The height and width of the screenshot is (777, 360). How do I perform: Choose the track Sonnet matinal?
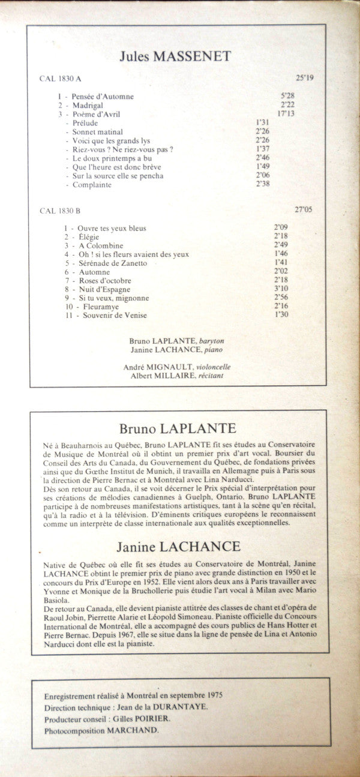[98, 131]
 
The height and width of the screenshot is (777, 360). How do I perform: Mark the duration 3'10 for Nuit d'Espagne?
[281, 289]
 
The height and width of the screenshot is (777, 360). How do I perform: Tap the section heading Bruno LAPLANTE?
[178, 428]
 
